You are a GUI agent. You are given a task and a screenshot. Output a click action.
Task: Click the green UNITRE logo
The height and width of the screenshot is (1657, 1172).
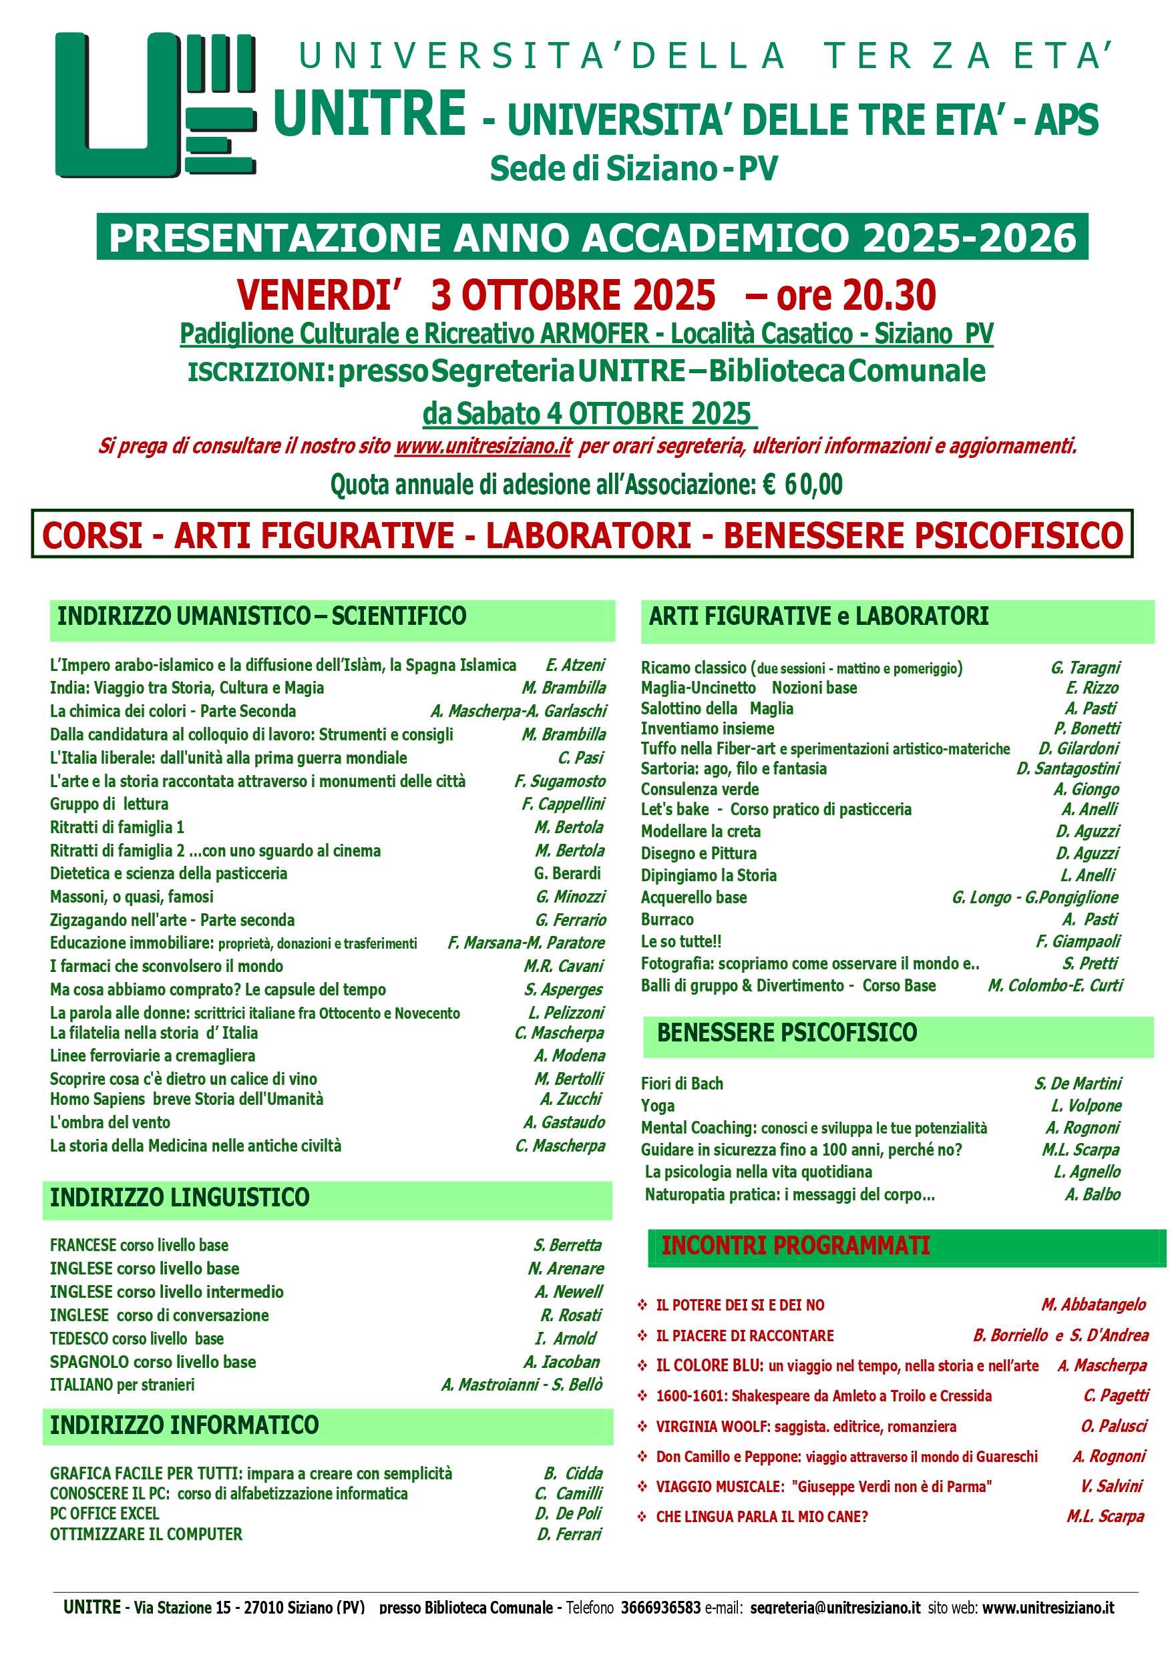point(155,105)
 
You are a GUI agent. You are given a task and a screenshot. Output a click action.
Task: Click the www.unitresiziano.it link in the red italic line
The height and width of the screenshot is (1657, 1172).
point(483,446)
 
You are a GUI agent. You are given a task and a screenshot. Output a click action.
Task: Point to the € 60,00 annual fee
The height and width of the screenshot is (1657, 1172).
point(802,485)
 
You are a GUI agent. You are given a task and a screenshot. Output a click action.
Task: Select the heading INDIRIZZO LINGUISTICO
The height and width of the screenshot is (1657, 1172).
point(180,1197)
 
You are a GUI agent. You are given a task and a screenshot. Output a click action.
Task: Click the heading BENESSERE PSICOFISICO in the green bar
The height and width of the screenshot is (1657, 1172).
point(787,1033)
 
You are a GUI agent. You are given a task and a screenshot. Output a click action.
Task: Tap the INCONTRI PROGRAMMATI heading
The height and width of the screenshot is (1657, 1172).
point(795,1246)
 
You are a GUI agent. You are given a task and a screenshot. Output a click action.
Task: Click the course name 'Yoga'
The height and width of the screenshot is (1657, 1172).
point(658,1106)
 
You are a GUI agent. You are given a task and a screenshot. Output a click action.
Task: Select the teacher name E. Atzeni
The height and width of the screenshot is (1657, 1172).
point(575,665)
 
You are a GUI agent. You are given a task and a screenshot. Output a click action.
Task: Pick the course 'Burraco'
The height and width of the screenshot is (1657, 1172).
point(667,919)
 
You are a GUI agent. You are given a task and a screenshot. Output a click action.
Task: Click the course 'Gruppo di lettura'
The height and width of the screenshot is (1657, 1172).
point(109,804)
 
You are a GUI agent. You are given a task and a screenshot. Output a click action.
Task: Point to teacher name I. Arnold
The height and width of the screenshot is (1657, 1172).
point(566,1339)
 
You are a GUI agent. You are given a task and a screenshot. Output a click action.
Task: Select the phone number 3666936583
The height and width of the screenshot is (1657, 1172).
point(660,1608)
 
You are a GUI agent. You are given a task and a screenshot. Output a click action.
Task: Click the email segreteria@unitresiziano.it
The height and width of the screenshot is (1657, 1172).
point(835,1608)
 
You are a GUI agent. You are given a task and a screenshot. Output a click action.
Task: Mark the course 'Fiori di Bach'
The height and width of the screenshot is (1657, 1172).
point(682,1084)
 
